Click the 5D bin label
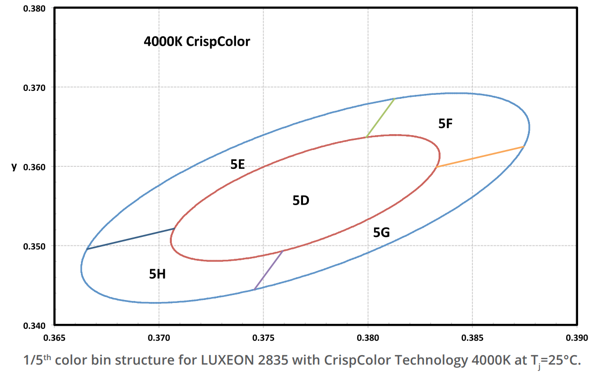(x=301, y=201)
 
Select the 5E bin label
(x=238, y=164)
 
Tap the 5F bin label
(x=445, y=124)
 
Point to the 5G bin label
(x=381, y=232)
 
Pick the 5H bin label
(x=157, y=273)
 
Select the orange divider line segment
(x=480, y=157)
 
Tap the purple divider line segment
(x=269, y=270)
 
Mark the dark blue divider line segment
(x=131, y=238)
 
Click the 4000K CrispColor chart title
(x=197, y=42)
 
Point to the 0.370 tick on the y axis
(x=36, y=87)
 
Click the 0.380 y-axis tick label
(x=36, y=8)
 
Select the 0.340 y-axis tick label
(x=36, y=325)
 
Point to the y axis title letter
(x=14, y=167)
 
